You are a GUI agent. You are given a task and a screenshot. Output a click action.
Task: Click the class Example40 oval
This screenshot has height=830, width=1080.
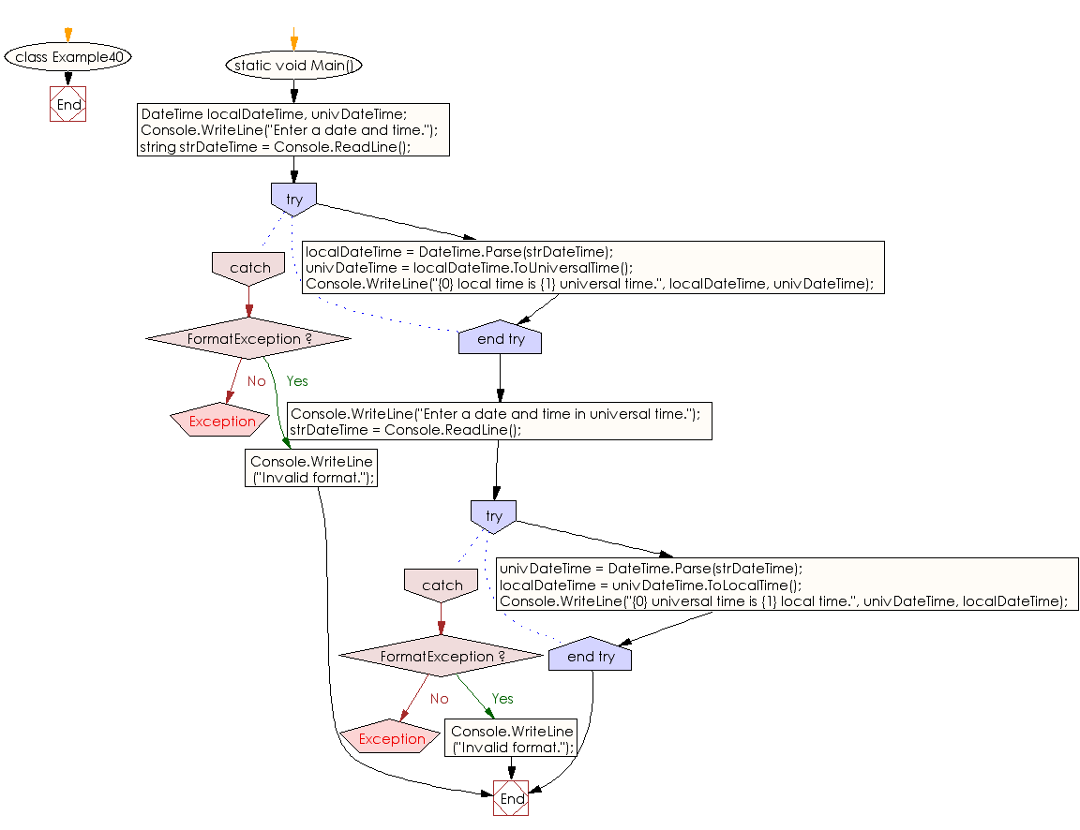point(68,56)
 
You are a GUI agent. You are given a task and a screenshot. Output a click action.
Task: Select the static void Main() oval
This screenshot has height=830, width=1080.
point(294,66)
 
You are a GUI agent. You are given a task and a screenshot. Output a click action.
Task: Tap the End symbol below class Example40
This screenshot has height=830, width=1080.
point(68,104)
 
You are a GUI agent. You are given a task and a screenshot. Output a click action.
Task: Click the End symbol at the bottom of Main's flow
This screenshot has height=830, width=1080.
point(511,798)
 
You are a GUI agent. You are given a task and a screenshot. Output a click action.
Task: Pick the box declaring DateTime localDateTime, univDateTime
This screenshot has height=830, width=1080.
point(293,130)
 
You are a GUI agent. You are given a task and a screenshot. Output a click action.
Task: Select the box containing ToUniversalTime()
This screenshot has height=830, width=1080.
point(593,268)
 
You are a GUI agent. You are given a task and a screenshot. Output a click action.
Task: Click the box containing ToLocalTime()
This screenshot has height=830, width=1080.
point(787,585)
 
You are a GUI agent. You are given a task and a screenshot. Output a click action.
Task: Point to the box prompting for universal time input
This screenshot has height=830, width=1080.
point(500,422)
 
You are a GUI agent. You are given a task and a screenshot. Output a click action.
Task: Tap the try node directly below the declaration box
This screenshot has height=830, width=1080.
point(294,200)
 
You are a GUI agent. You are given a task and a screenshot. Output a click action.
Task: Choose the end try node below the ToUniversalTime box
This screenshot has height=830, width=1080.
point(500,337)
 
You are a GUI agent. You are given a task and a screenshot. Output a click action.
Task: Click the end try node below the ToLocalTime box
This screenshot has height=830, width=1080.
point(591,654)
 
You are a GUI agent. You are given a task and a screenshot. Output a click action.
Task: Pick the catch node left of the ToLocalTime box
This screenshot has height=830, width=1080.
point(442,585)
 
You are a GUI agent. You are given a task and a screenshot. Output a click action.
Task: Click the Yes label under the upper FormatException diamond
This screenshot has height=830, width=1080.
point(297,381)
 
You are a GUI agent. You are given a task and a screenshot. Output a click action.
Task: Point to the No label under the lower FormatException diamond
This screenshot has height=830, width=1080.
point(440,699)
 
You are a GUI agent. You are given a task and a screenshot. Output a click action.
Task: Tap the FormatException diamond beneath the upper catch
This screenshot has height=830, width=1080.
point(248,338)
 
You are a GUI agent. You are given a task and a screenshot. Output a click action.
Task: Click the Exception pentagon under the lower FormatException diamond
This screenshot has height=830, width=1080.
point(391,738)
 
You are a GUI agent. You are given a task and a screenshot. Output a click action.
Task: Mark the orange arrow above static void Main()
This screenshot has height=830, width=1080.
point(294,38)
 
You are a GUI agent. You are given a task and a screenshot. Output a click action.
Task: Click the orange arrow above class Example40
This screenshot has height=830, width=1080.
point(68,35)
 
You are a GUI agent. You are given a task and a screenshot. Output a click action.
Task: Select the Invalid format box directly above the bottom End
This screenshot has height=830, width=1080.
point(511,738)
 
